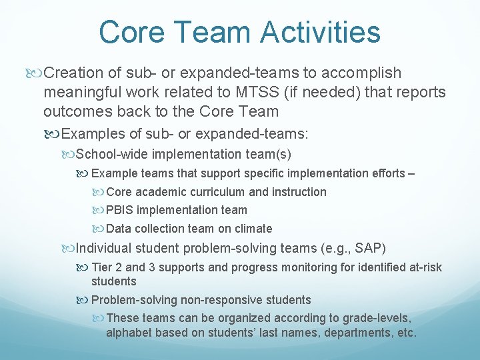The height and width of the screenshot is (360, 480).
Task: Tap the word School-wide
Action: click(112, 154)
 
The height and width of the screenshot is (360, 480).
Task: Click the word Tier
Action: click(102, 267)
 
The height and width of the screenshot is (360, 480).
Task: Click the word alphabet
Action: click(130, 332)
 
